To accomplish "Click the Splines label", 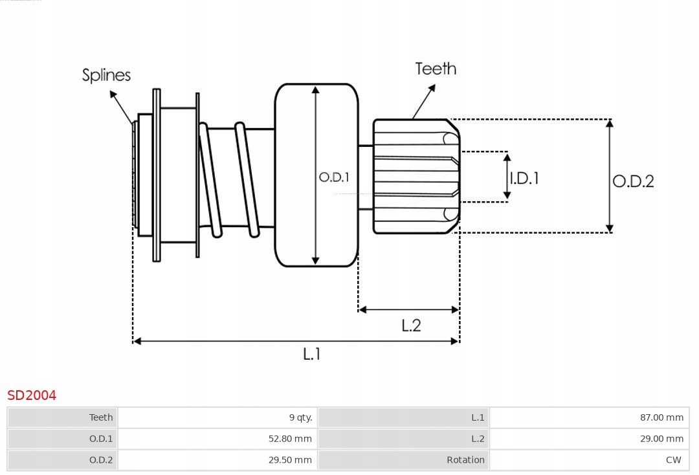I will tap(106, 75).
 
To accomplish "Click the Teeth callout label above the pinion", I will tap(436, 69).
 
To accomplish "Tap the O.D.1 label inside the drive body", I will tap(334, 177).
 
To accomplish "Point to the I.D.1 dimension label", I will tap(524, 178).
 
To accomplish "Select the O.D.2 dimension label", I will tap(633, 181).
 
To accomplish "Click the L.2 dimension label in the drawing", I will tap(411, 325).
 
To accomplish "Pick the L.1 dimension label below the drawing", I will tap(312, 353).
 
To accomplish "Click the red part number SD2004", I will tap(32, 395).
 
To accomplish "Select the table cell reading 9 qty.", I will tap(300, 417).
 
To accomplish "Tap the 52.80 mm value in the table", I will tap(290, 439).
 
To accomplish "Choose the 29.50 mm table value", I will tap(290, 460).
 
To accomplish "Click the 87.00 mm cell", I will tap(661, 417).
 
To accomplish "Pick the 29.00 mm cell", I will tap(661, 439).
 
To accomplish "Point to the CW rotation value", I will tap(673, 460).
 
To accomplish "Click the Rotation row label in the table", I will tap(465, 460).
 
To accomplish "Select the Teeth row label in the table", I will tap(101, 417).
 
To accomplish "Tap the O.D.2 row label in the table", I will tap(101, 460).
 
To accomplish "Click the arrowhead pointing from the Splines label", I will tap(113, 94).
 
